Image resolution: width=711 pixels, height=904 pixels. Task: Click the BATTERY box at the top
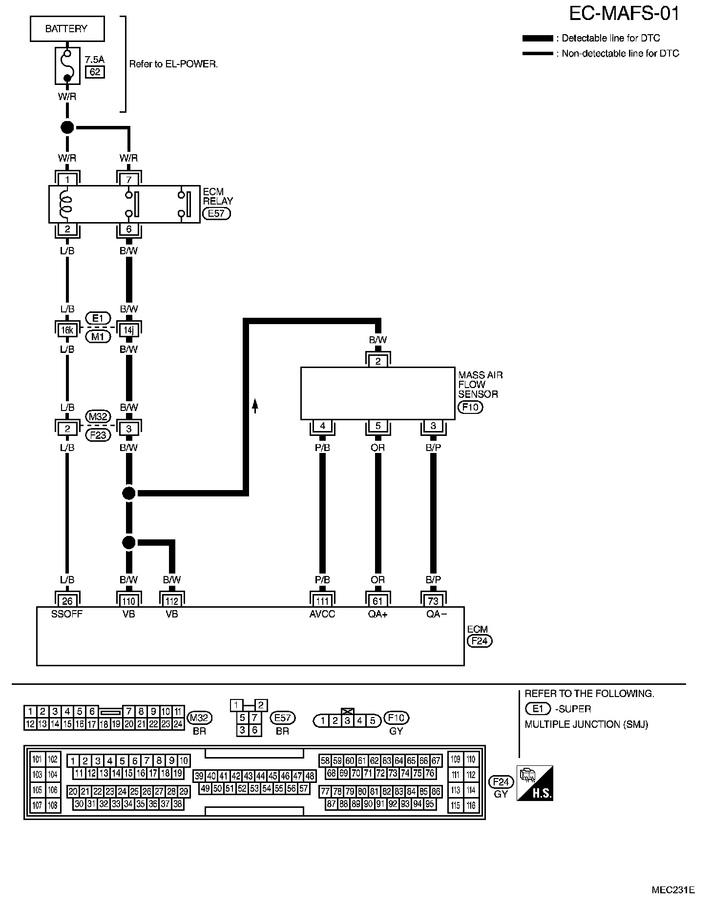[67, 29]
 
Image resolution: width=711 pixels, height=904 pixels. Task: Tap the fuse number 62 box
[95, 72]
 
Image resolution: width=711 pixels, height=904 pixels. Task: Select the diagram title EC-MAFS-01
[624, 14]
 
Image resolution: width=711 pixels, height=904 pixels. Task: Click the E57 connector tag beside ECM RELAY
[216, 213]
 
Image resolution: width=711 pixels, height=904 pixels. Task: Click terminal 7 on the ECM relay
[129, 179]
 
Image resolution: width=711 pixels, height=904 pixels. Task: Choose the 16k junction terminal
[67, 330]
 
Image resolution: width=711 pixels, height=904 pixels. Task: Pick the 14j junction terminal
[128, 330]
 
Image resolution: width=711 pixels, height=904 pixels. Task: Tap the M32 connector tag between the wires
[98, 417]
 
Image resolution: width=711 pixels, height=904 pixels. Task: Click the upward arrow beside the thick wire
[254, 406]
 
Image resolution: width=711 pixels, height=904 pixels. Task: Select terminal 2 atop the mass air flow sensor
[378, 361]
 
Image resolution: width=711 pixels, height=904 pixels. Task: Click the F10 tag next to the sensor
[470, 407]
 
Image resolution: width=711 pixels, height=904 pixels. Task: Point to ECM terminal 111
[322, 600]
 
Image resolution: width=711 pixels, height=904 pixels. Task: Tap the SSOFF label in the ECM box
[67, 614]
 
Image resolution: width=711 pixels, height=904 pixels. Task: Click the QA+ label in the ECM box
[377, 614]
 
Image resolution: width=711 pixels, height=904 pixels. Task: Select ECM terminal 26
[67, 600]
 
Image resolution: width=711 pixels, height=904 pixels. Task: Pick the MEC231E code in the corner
[672, 889]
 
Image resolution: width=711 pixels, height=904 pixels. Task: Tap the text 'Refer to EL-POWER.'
[173, 64]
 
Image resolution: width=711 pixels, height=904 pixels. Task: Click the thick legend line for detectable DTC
[538, 38]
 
